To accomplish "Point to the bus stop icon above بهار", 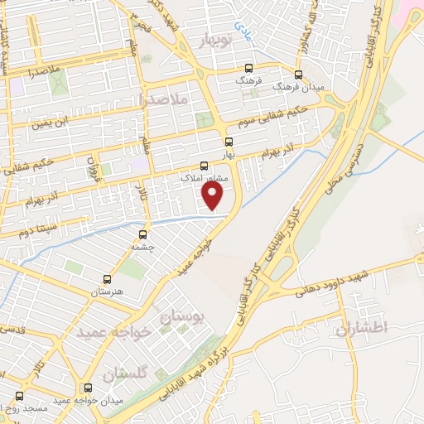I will click(x=229, y=141).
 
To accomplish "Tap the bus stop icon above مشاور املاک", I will click(x=205, y=165).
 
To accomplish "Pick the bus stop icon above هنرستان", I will click(x=106, y=279).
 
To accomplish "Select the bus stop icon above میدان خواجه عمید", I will click(x=89, y=387).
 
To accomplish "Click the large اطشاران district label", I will click(x=362, y=328).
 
